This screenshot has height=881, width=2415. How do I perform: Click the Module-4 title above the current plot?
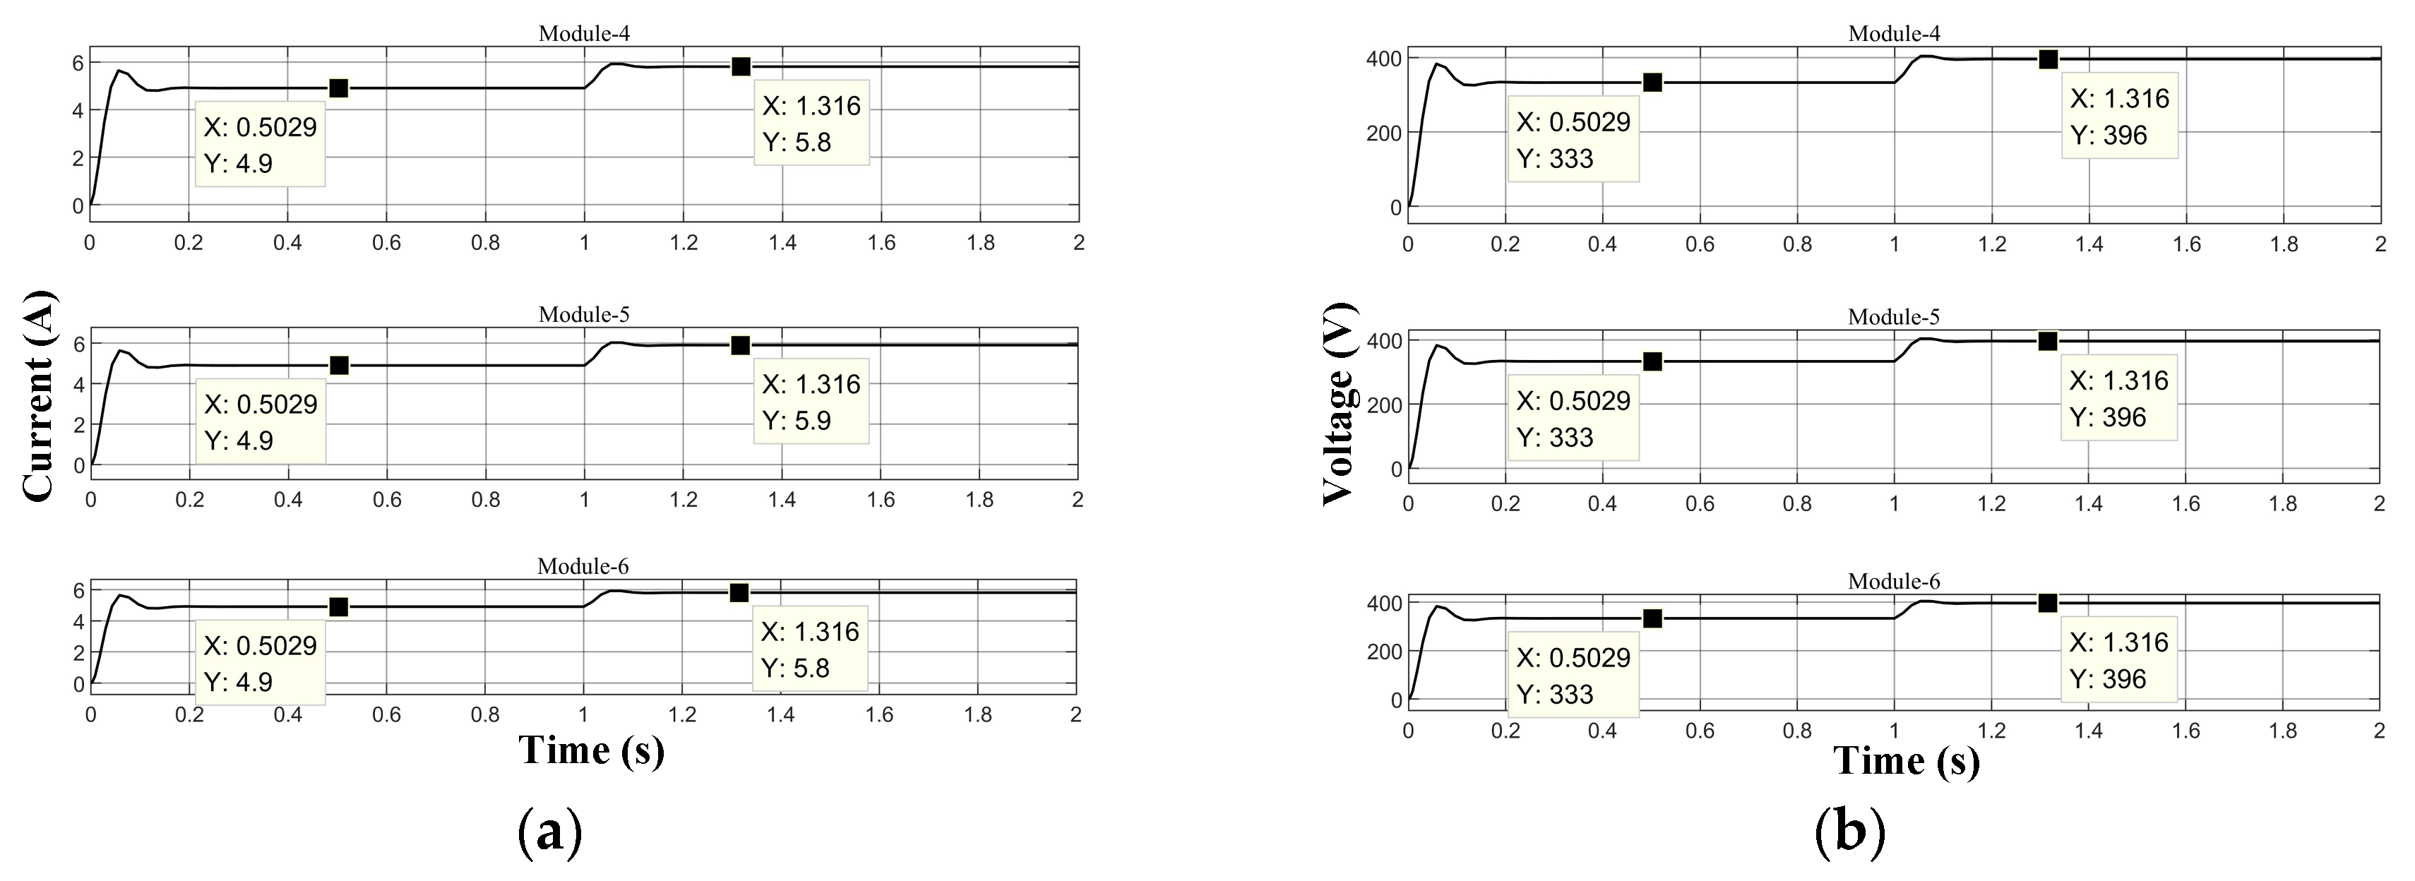pyautogui.click(x=584, y=34)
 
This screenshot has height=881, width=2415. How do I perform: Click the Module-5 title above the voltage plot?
pyautogui.click(x=1894, y=317)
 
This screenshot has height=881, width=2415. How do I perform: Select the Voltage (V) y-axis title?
pyautogui.click(x=1339, y=404)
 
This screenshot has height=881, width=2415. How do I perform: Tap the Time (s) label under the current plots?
pyautogui.click(x=592, y=750)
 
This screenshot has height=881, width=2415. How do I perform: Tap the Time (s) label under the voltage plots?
pyautogui.click(x=1907, y=760)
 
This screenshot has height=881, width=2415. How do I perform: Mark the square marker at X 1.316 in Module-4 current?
pyautogui.click(x=741, y=66)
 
